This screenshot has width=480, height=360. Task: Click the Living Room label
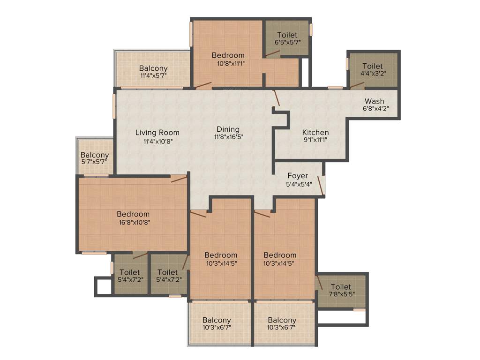(157, 132)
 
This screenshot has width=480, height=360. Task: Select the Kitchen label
(315, 132)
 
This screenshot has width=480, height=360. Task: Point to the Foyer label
(298, 176)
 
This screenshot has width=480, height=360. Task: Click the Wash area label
(375, 101)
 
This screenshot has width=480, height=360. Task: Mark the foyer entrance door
(321, 185)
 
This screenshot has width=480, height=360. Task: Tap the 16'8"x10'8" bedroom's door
(179, 178)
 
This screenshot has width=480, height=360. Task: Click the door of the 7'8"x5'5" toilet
(319, 283)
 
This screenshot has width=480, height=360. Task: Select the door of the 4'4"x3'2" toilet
(357, 85)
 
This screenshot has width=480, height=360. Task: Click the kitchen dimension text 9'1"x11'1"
(315, 140)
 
